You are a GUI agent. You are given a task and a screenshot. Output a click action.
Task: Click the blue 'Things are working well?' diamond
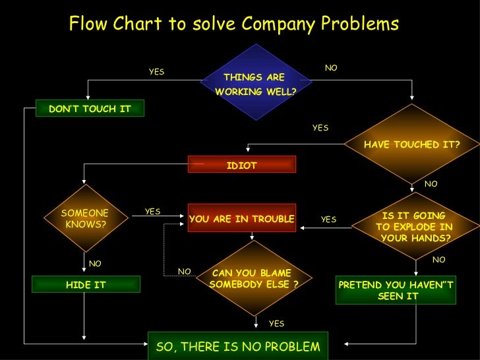[254, 84]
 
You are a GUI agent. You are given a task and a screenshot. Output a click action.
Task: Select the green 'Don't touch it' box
[90, 109]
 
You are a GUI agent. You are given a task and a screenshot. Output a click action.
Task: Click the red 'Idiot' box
[241, 165]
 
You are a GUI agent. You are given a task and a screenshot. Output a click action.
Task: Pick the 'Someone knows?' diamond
[84, 218]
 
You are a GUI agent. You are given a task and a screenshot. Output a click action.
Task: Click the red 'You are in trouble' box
[241, 219]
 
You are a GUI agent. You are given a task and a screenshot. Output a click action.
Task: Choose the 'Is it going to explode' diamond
[414, 226]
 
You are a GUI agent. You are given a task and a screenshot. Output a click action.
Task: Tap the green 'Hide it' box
[86, 285]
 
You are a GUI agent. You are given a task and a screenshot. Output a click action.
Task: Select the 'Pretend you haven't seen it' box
[396, 290]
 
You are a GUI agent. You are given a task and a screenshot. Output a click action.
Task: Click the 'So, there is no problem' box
[237, 346]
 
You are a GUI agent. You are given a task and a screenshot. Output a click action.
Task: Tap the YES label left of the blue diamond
[156, 72]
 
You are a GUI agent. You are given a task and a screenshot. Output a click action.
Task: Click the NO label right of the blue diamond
[331, 68]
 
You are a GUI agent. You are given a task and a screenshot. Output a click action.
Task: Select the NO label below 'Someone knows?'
[95, 264]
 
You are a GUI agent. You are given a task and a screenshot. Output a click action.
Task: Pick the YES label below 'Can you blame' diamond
[276, 323]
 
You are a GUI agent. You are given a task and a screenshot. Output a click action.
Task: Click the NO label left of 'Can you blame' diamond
[185, 271]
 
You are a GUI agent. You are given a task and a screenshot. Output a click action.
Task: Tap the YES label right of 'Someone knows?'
[152, 212]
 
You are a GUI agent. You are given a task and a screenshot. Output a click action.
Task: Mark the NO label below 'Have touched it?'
[431, 184]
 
